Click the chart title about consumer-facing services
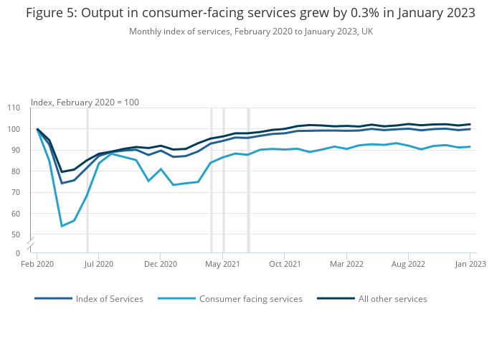250,13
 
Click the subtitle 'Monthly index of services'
250,32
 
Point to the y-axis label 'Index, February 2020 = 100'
85,102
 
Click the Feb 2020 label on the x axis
37,264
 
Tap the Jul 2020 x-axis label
99,264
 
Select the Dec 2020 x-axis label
161,264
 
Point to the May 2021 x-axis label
223,264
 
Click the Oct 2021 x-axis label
285,264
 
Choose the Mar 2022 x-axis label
346,264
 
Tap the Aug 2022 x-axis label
408,264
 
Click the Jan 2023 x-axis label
470,264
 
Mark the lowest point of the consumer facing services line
62,226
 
